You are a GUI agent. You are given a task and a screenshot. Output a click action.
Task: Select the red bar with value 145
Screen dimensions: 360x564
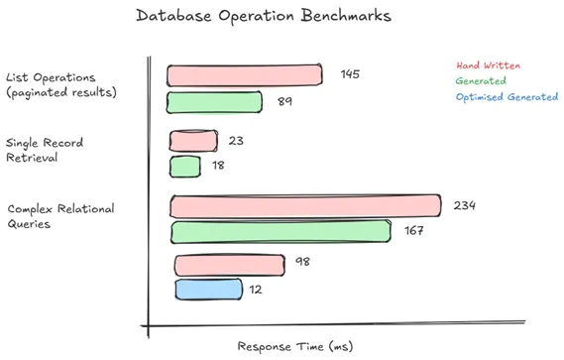coord(245,75)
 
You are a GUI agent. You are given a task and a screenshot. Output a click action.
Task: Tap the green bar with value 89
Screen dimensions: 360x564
coord(214,102)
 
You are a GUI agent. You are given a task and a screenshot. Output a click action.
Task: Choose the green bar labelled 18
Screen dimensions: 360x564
coord(185,166)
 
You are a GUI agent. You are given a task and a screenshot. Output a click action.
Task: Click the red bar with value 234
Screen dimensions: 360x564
coord(306,206)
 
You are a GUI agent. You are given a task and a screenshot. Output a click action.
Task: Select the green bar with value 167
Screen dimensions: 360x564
coord(282,232)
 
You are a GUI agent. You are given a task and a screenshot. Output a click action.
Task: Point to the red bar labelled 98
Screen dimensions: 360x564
coord(229,265)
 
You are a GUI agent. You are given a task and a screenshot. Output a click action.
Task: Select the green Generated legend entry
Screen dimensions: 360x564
coord(481,81)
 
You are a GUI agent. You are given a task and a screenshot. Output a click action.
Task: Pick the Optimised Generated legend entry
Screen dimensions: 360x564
coord(507,97)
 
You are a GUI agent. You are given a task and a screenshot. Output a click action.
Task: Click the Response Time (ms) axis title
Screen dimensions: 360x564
coord(294,347)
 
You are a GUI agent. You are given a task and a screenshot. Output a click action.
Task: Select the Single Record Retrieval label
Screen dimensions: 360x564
coord(44,150)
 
